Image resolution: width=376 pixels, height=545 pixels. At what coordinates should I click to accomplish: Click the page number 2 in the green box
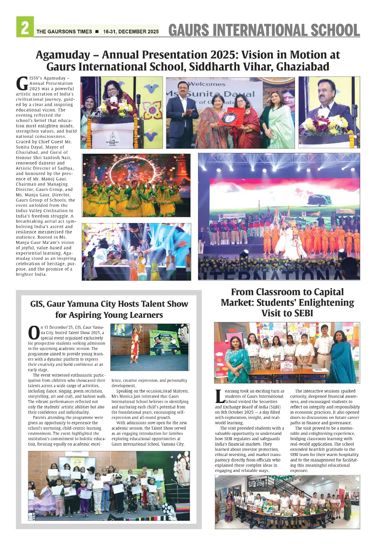point(25,28)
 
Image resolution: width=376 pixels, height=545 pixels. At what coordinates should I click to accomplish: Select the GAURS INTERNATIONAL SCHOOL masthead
point(264,30)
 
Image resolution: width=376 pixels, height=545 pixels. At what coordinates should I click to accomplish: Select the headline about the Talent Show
point(109,309)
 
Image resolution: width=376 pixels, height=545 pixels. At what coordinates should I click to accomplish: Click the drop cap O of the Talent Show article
point(33,332)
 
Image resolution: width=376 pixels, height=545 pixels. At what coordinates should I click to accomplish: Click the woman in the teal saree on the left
point(236,360)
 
